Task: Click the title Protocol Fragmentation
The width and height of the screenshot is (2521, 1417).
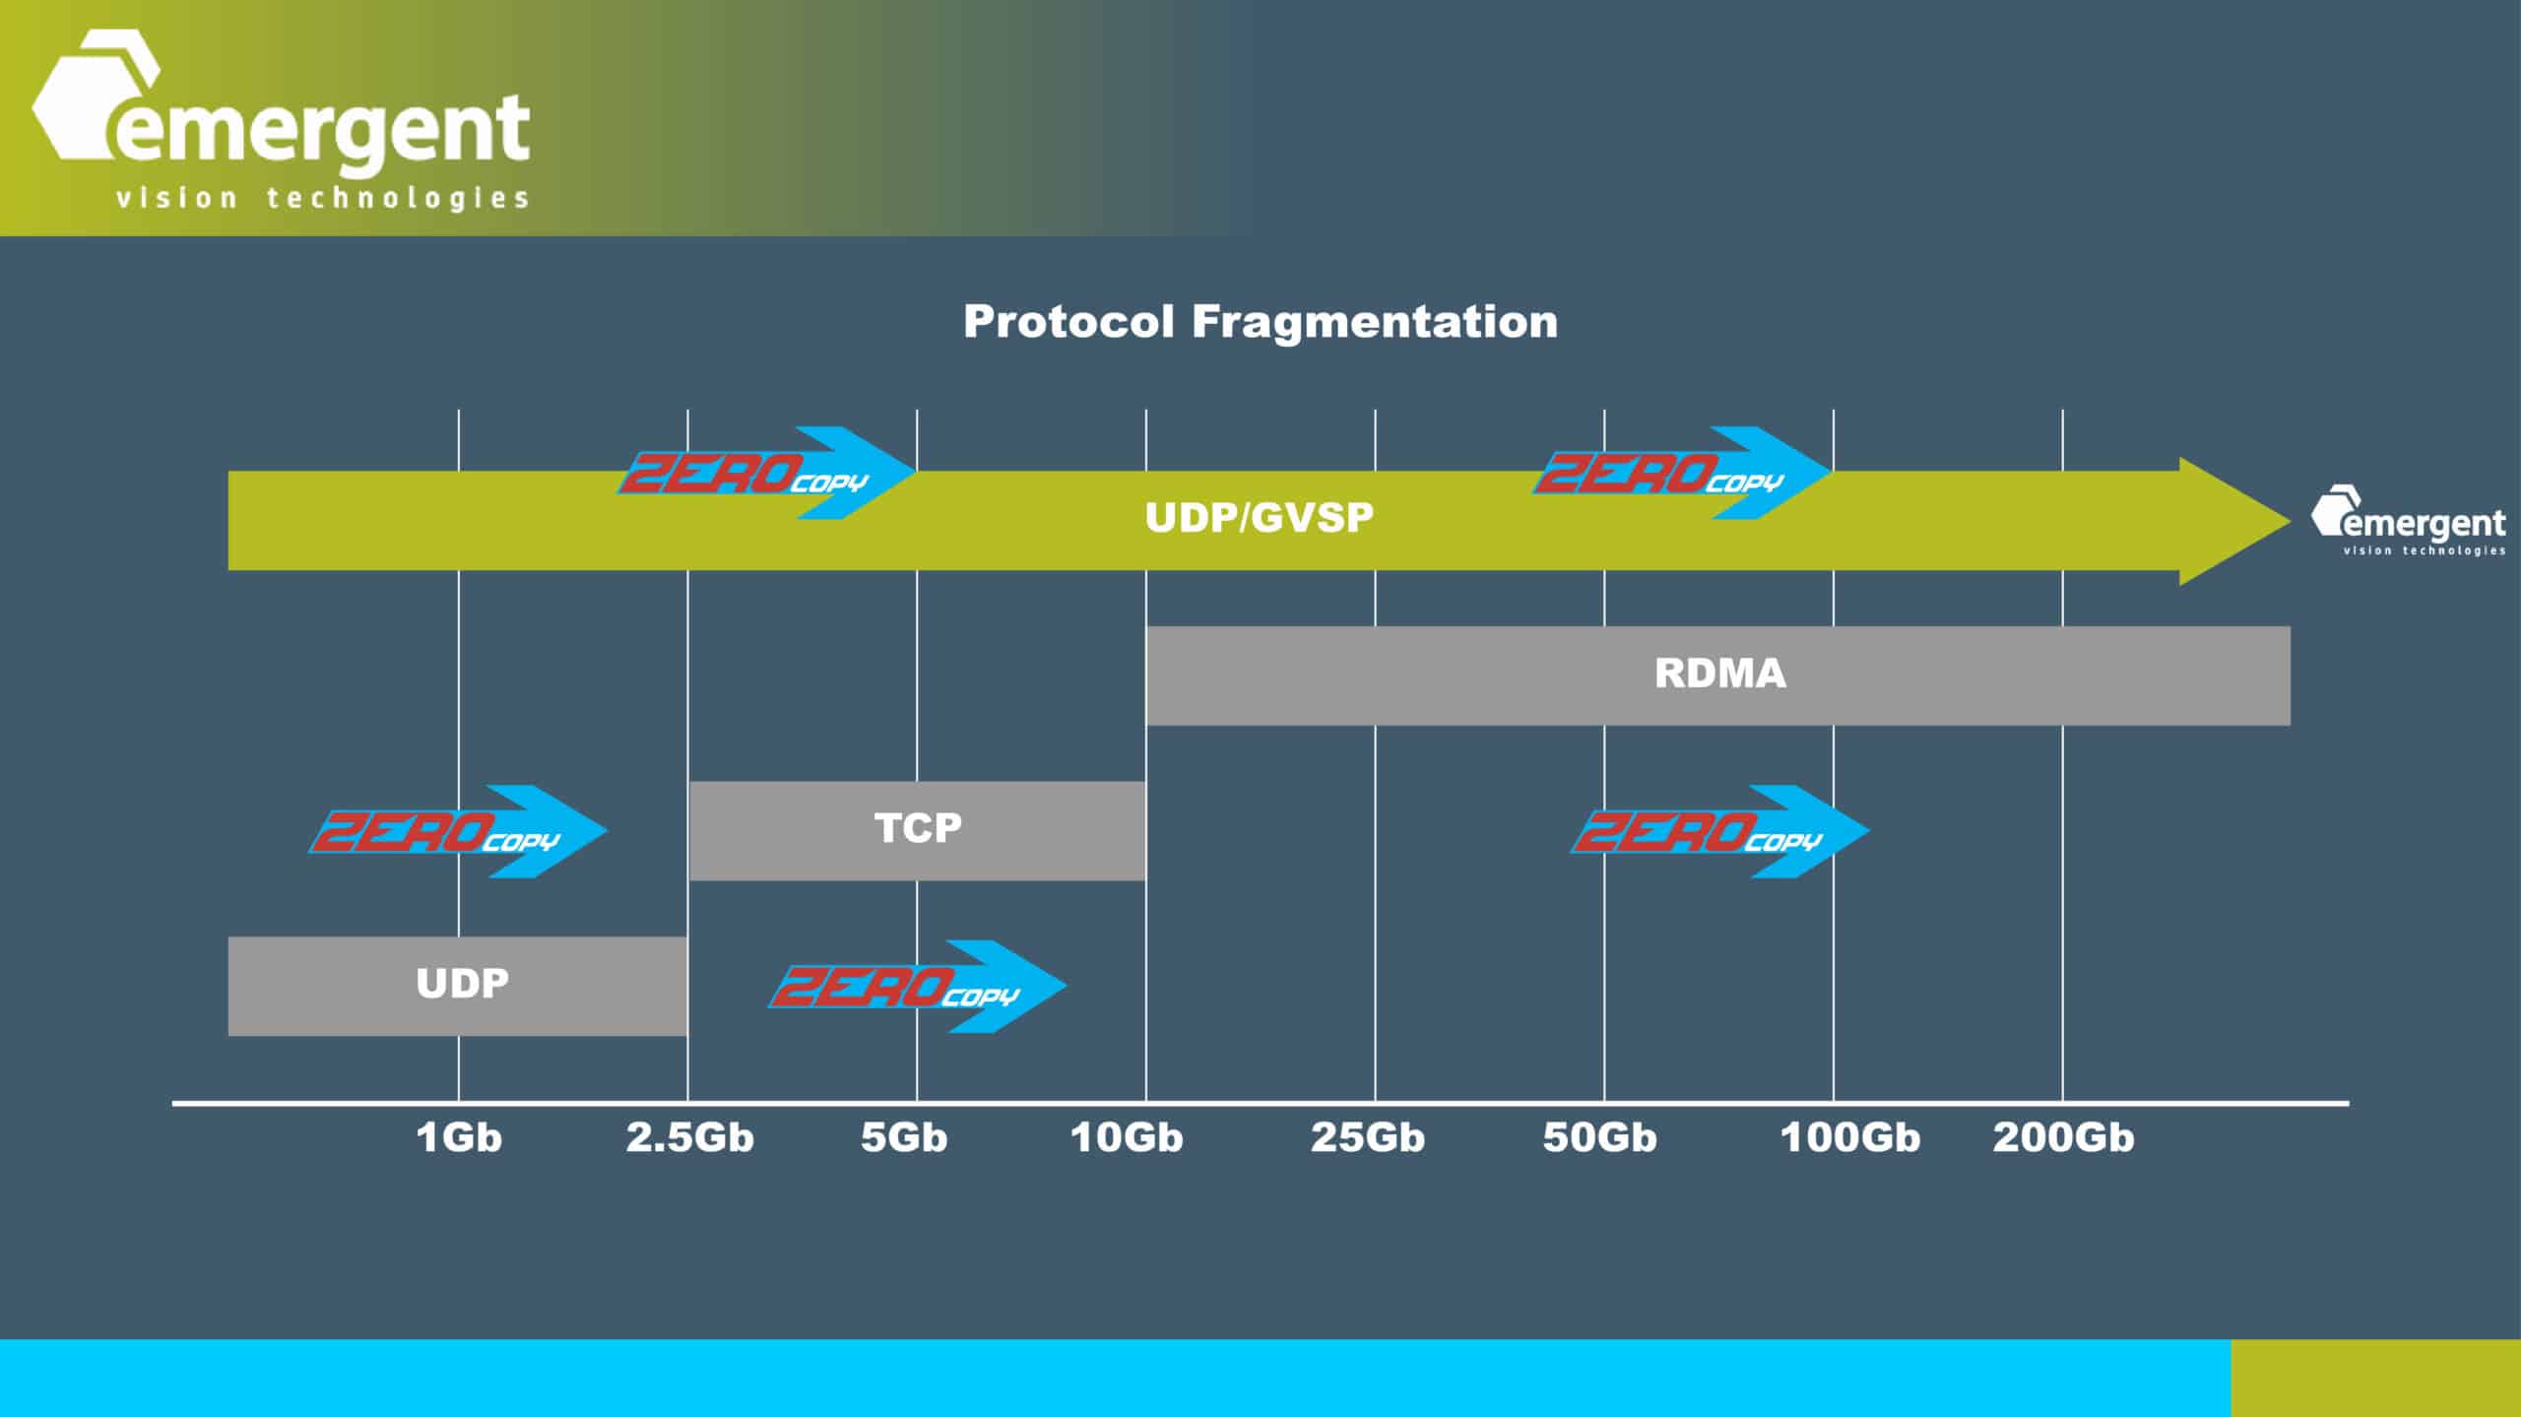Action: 1260,322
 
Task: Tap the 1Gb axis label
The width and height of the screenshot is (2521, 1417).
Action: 459,1137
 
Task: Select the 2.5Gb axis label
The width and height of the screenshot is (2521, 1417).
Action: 689,1137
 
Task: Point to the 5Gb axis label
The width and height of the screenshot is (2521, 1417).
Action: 904,1137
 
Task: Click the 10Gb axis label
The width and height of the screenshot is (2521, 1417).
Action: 1127,1137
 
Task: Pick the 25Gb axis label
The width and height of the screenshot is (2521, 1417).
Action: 1367,1137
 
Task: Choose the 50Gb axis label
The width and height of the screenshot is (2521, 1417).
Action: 1599,1137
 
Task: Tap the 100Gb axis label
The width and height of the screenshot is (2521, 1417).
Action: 1849,1137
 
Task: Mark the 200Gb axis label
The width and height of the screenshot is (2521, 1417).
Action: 2063,1137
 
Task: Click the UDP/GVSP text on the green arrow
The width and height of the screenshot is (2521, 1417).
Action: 1259,518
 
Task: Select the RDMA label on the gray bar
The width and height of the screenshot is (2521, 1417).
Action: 1719,674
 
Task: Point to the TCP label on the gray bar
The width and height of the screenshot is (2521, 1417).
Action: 918,827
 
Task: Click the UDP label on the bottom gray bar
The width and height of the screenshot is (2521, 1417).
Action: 462,983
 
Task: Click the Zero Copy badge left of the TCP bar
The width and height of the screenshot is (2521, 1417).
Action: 458,832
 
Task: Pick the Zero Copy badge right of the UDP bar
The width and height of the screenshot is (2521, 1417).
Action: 917,987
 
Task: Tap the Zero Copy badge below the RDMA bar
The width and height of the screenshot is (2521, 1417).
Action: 1719,832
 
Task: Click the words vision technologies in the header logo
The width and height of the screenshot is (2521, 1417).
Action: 322,198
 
